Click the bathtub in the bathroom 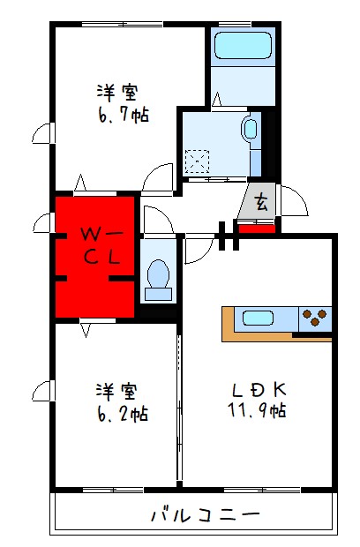click(x=241, y=45)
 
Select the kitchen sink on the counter click(x=261, y=318)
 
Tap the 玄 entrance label click(x=261, y=202)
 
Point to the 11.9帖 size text click(x=258, y=410)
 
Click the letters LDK click(x=257, y=388)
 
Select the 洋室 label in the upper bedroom click(x=118, y=92)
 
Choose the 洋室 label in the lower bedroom click(x=116, y=389)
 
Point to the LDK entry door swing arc click(x=198, y=251)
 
